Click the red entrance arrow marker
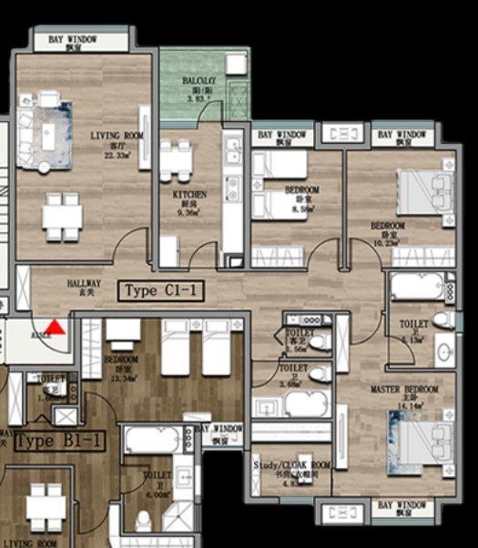pyautogui.click(x=56, y=327)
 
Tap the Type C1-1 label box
pyautogui.click(x=161, y=291)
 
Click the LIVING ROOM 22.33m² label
pyautogui.click(x=117, y=145)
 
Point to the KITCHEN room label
pyautogui.click(x=189, y=200)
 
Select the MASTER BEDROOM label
pyautogui.click(x=404, y=394)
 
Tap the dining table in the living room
pyautogui.click(x=63, y=216)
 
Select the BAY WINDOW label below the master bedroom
pyautogui.click(x=403, y=506)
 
